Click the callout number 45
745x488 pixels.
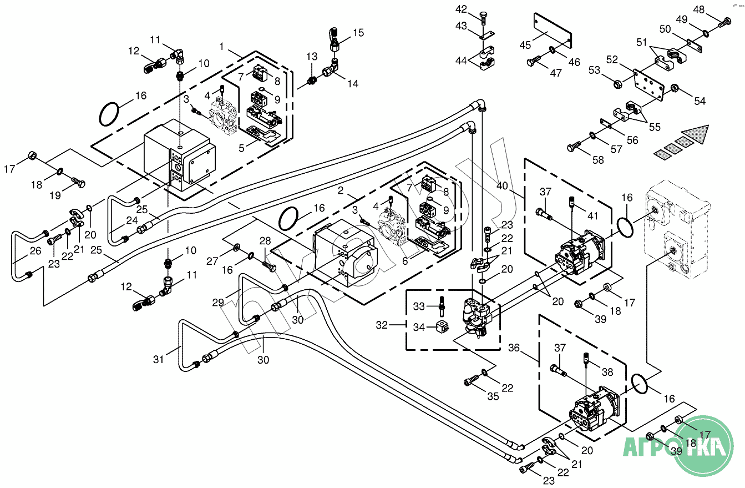525,45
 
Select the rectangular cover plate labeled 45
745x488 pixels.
553,31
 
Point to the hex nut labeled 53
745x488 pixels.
618,83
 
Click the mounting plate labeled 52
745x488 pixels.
648,85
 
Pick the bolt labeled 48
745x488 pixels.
724,22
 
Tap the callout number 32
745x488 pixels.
382,325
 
